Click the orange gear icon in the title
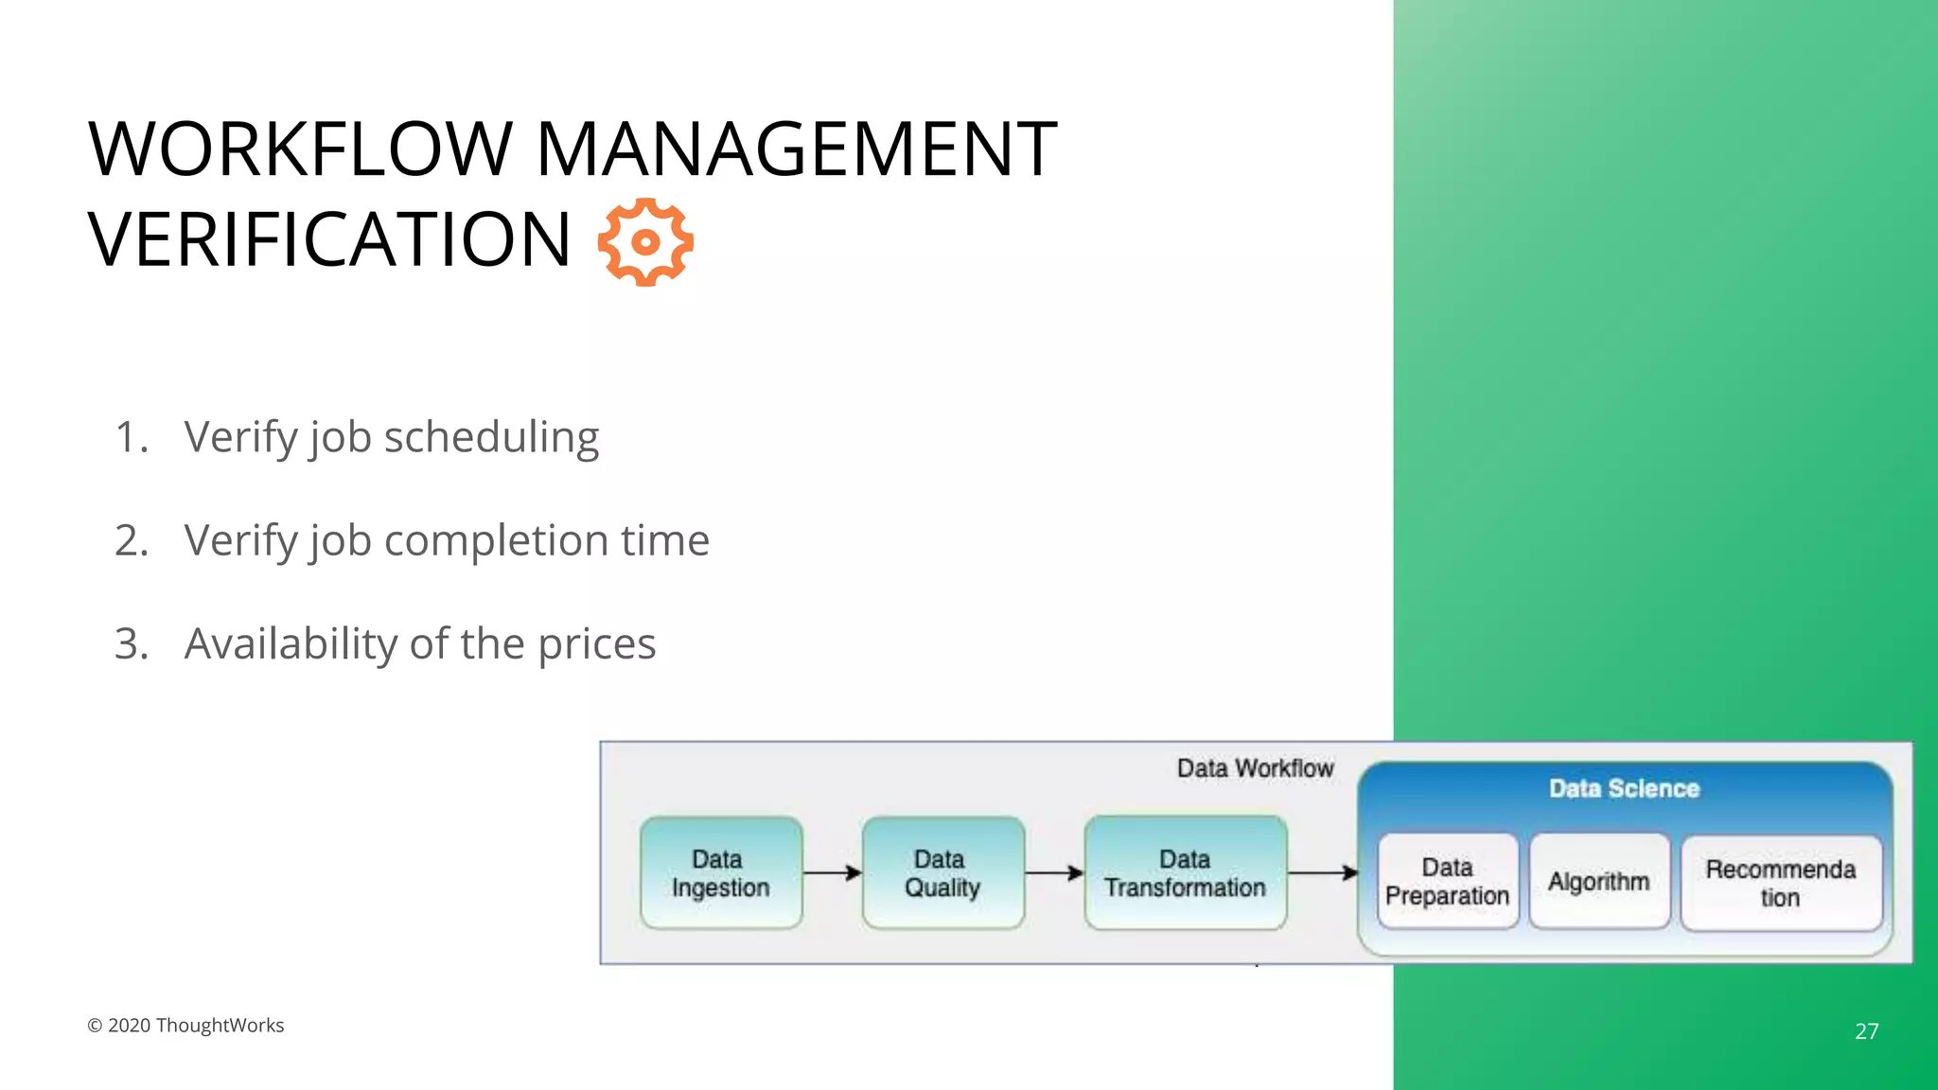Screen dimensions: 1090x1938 (x=645, y=242)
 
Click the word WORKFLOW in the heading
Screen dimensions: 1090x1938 (x=299, y=149)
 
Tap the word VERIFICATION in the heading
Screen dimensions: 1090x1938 (x=329, y=240)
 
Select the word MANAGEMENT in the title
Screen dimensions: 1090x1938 (x=796, y=149)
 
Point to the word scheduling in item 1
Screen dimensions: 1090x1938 (x=491, y=438)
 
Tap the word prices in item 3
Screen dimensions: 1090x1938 (x=596, y=644)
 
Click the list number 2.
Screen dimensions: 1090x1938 (x=131, y=541)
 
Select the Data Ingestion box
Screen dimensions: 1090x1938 (x=721, y=873)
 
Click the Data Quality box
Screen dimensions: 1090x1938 (x=943, y=873)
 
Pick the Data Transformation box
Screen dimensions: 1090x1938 (x=1185, y=873)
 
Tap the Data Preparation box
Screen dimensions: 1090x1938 (x=1447, y=882)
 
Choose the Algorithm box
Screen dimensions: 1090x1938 (x=1598, y=882)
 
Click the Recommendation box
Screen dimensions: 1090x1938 (x=1780, y=883)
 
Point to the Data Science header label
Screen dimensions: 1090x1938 (x=1624, y=789)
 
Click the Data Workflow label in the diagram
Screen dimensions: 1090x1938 (x=1255, y=768)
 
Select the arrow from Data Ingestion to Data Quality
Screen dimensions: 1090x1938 (x=832, y=873)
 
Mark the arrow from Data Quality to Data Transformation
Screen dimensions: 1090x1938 (x=1054, y=873)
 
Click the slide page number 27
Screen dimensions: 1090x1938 (x=1866, y=1031)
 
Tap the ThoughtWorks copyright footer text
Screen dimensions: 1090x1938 (x=185, y=1026)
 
